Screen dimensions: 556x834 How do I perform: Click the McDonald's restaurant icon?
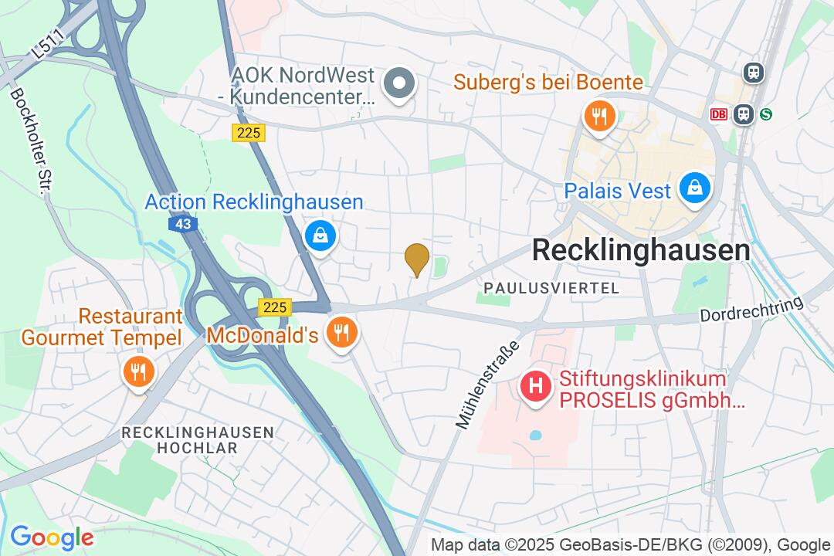pyautogui.click(x=341, y=334)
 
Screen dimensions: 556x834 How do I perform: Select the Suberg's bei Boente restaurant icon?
pyautogui.click(x=598, y=117)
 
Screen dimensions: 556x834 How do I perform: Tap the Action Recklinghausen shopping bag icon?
pyautogui.click(x=320, y=236)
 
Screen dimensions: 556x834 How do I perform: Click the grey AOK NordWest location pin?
pyautogui.click(x=400, y=83)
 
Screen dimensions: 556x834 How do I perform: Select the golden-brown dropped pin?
pyautogui.click(x=417, y=258)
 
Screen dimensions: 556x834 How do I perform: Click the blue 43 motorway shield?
pyautogui.click(x=182, y=224)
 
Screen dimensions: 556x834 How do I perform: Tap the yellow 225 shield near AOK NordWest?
pyautogui.click(x=249, y=133)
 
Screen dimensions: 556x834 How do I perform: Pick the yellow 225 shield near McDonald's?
pyautogui.click(x=274, y=307)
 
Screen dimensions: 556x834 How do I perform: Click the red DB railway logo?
pyautogui.click(x=719, y=114)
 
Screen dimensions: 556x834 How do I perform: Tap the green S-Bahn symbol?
pyautogui.click(x=766, y=114)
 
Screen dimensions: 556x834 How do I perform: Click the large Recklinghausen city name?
pyautogui.click(x=641, y=250)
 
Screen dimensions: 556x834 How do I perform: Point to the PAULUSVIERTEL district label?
pyautogui.click(x=551, y=288)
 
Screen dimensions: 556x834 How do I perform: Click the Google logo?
pyautogui.click(x=51, y=537)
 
